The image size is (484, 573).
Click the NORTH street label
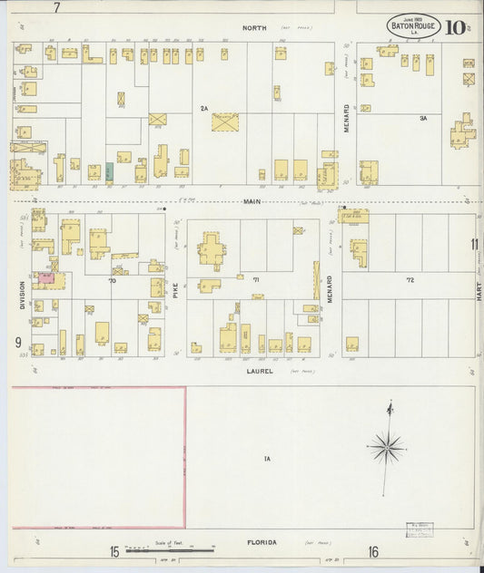click(x=255, y=28)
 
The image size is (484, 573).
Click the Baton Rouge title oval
click(x=415, y=27)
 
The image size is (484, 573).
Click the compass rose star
click(x=386, y=446)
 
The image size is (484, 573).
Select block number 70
click(x=113, y=281)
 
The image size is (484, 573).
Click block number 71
click(x=256, y=281)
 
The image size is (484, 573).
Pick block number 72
click(x=410, y=281)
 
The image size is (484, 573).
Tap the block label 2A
click(x=204, y=109)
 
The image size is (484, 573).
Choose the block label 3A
click(x=422, y=119)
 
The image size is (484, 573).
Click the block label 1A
click(x=267, y=459)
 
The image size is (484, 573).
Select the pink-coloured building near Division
click(x=44, y=278)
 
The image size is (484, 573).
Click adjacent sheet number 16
click(x=373, y=551)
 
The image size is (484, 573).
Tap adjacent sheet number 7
click(x=56, y=8)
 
